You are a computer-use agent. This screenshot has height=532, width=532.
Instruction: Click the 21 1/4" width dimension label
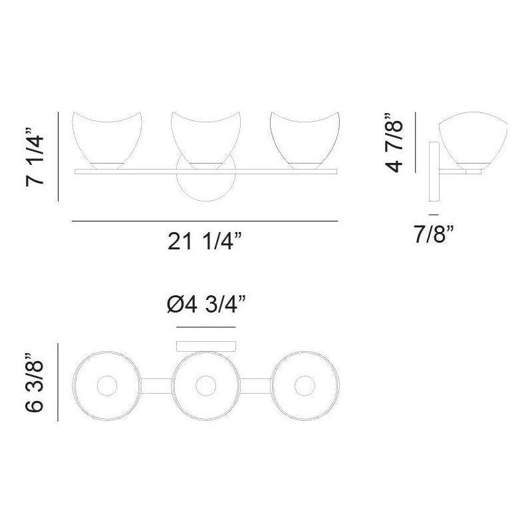[205, 243]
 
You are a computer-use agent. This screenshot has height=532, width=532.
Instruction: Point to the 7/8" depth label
[434, 234]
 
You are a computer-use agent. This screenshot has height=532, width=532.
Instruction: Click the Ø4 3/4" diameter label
[205, 307]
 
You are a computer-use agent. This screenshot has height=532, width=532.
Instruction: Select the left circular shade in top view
[106, 386]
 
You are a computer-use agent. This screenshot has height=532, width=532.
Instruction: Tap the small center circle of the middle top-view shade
[205, 386]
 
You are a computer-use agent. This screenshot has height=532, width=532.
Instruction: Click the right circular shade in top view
[305, 386]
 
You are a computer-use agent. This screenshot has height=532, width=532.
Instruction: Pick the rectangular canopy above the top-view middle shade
[205, 346]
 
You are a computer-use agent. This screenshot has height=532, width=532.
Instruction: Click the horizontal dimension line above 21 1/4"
[205, 221]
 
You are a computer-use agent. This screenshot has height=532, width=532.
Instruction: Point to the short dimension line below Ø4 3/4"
[205, 327]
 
